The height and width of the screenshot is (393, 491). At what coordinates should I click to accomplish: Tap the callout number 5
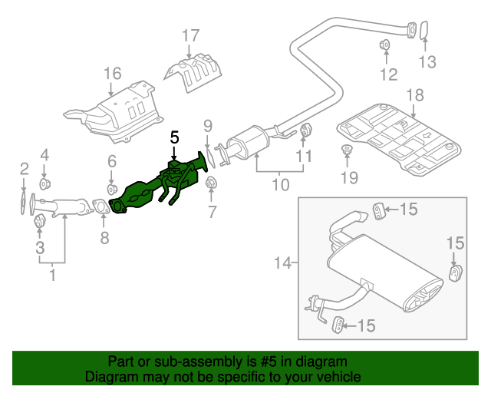coord(174,137)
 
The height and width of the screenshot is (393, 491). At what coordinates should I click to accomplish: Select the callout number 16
coord(113,74)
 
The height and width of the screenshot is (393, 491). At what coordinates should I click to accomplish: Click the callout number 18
coord(414,95)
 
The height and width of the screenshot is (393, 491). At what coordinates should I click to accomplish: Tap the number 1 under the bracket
coord(52,273)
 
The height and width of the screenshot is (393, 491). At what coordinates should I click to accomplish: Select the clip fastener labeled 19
coord(347,150)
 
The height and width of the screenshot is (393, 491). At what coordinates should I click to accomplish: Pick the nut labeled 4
coord(44,185)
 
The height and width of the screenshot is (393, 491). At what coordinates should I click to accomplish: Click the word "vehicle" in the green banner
coord(336,377)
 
